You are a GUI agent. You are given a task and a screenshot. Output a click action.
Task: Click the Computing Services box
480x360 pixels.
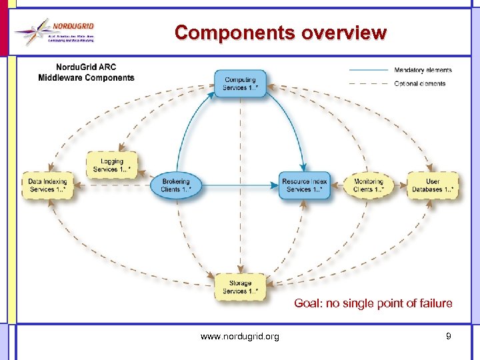[x=240, y=83]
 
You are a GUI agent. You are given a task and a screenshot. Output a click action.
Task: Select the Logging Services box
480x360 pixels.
[x=112, y=165]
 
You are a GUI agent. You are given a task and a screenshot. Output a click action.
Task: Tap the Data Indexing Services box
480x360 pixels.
[x=47, y=185]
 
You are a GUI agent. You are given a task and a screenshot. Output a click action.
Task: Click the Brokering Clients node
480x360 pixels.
[x=175, y=185]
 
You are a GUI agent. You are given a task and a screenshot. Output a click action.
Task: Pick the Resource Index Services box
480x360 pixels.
[x=305, y=185]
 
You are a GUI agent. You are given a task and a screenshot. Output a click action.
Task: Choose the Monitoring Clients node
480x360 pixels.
[x=368, y=185]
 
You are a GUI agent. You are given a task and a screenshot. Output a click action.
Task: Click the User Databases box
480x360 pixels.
[x=433, y=185]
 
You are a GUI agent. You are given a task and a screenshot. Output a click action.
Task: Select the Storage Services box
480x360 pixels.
[x=240, y=287]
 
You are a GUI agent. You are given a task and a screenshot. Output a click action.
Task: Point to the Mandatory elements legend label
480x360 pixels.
[x=423, y=70]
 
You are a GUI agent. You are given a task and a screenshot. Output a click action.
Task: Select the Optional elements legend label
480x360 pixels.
[x=420, y=83]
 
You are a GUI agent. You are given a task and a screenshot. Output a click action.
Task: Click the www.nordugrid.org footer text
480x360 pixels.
[x=240, y=337]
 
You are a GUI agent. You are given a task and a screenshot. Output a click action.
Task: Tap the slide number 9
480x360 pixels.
[x=449, y=336]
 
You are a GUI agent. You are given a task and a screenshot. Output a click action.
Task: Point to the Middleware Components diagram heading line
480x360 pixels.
[x=86, y=77]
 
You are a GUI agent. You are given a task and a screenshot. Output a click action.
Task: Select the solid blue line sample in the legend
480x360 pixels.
[x=369, y=70]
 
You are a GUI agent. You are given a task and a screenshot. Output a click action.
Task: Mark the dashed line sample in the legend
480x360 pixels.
[x=369, y=83]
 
